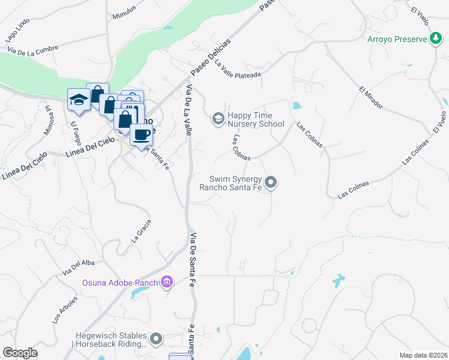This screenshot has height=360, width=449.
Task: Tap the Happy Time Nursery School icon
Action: (x=217, y=119)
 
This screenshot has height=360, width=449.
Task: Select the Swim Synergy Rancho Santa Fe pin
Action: (x=271, y=182)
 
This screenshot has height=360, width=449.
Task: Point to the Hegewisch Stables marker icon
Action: (x=156, y=340)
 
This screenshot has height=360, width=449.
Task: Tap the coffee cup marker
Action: (x=141, y=134)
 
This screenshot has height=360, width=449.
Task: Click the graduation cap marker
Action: (x=78, y=99)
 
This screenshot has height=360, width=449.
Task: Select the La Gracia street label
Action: (x=141, y=230)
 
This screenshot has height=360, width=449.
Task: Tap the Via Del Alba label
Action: (x=78, y=265)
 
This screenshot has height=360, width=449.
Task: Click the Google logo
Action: (x=20, y=353)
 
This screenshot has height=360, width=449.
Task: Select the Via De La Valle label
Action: (x=188, y=111)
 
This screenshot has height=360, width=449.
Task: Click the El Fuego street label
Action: (x=76, y=133)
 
